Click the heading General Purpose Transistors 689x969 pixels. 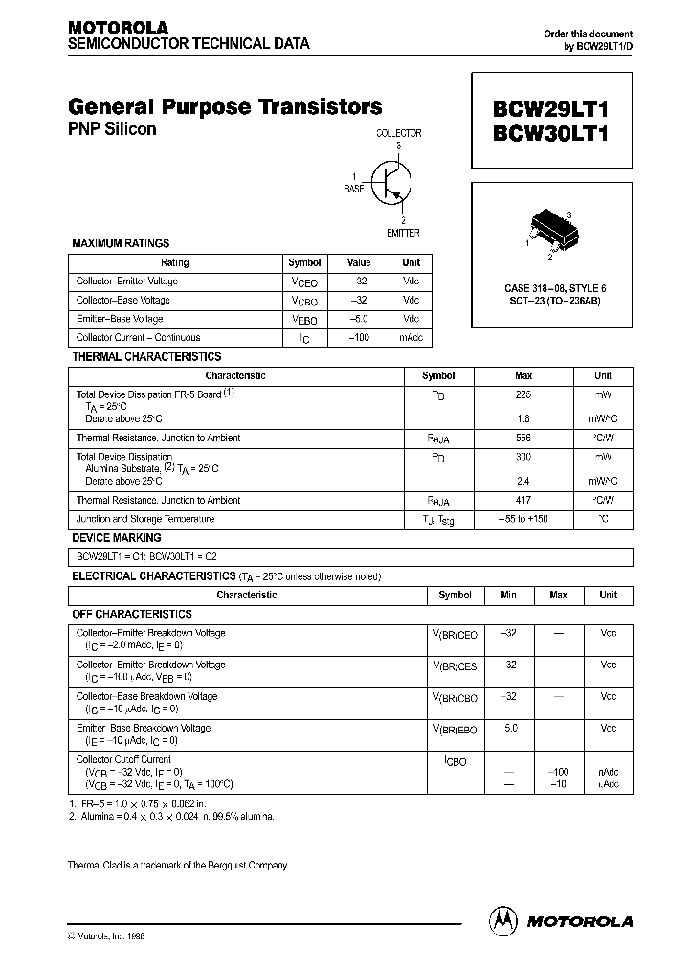[x=225, y=107]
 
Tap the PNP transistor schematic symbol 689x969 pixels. [x=390, y=182]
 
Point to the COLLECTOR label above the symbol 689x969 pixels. [x=398, y=134]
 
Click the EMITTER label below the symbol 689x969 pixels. [x=403, y=233]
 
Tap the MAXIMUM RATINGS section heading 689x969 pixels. [x=121, y=244]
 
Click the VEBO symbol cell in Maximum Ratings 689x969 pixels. [x=304, y=320]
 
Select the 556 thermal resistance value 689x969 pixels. [x=523, y=438]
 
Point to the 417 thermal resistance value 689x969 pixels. [x=523, y=500]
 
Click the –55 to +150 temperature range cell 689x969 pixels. [x=523, y=519]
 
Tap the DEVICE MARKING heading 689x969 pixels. [x=117, y=538]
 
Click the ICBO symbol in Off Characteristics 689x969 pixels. [x=455, y=762]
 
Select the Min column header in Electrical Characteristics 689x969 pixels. [x=508, y=595]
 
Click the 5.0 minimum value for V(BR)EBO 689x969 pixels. [x=509, y=729]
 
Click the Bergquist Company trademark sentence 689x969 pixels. [x=177, y=865]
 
